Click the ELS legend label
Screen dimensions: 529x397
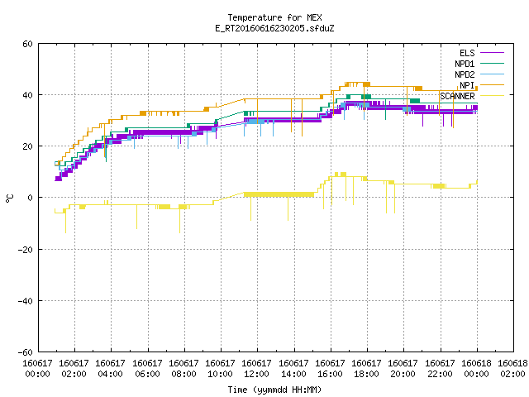point(467,53)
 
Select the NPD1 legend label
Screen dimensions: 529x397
point(465,64)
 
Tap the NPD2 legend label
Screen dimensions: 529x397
point(465,74)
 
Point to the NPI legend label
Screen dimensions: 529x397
point(467,85)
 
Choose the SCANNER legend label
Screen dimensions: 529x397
point(457,96)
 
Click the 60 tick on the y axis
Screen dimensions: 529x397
point(27,44)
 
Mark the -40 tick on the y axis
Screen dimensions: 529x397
point(26,301)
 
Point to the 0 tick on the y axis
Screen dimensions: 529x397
point(30,198)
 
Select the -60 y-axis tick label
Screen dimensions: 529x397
point(26,352)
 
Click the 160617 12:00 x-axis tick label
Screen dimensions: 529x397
point(256,369)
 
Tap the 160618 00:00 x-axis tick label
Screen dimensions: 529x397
point(476,369)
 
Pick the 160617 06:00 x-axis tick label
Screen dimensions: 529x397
point(147,369)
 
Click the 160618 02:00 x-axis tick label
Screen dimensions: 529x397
point(512,369)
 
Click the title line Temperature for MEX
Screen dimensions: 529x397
point(274,17)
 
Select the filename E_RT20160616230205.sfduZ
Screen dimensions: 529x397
point(274,28)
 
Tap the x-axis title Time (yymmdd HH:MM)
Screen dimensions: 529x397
point(274,390)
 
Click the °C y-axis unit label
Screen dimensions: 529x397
point(9,198)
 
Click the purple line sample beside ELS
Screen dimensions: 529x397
point(492,53)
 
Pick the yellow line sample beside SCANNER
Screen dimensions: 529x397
point(492,96)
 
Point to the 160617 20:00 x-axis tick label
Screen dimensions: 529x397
point(403,369)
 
